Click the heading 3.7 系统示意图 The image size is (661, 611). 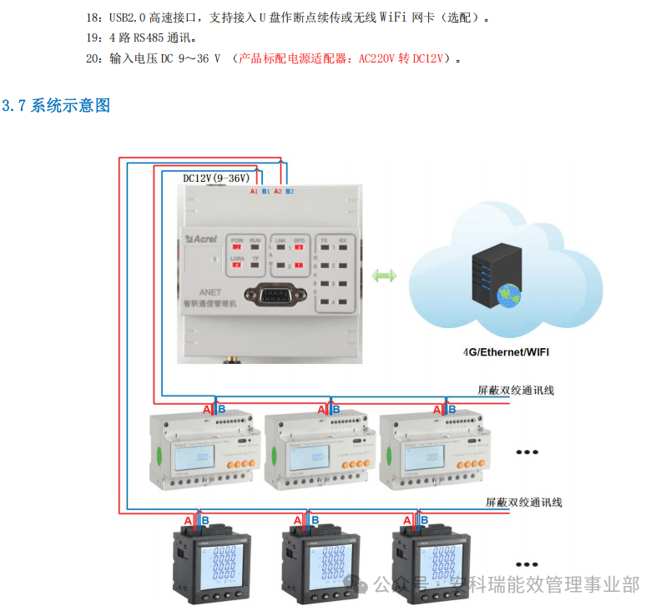coord(57,105)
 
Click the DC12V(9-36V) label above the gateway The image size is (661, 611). coord(216,179)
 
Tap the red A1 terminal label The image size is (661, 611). coord(254,192)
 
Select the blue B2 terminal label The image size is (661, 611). coord(290,192)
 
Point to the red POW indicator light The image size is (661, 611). coord(237,248)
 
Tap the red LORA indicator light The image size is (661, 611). coord(237,266)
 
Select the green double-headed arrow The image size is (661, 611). coord(385,275)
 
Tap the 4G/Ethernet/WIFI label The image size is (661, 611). coord(506,352)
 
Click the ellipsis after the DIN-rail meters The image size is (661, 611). coord(527,452)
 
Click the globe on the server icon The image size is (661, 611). coord(507,294)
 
